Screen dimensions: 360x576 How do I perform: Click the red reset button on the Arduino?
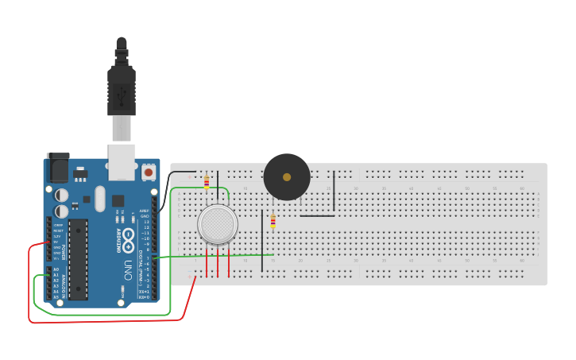(149, 171)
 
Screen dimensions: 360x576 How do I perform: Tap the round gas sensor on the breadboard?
(218, 224)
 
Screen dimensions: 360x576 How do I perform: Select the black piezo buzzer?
(287, 177)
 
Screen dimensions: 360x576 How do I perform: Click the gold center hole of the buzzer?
(287, 176)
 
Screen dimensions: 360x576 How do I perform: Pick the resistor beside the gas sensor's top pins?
(207, 183)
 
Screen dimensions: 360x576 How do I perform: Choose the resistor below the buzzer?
(273, 221)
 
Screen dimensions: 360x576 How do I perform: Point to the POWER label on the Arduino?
(64, 252)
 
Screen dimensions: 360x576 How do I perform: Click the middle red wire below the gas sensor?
(218, 262)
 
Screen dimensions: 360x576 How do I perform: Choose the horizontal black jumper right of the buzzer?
(317, 215)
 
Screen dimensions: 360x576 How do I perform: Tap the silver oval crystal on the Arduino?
(99, 199)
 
